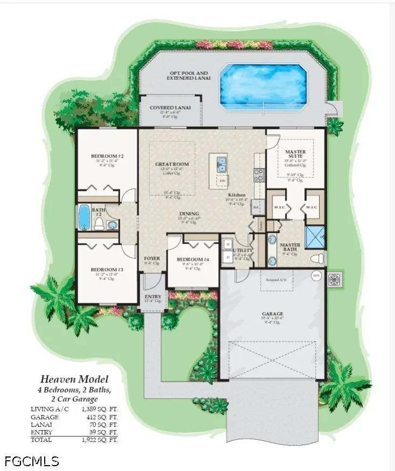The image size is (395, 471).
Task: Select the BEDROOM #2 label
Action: click(x=105, y=156)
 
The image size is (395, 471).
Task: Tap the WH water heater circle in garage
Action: click(x=316, y=275)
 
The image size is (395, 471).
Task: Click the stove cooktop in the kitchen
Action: click(x=259, y=174)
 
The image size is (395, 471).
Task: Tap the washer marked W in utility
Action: click(x=227, y=244)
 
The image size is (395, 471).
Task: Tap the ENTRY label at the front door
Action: click(x=153, y=296)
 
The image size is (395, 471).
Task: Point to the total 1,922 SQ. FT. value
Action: click(x=101, y=440)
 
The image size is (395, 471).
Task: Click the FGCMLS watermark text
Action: click(x=32, y=461)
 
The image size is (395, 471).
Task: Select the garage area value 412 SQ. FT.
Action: click(x=101, y=417)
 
